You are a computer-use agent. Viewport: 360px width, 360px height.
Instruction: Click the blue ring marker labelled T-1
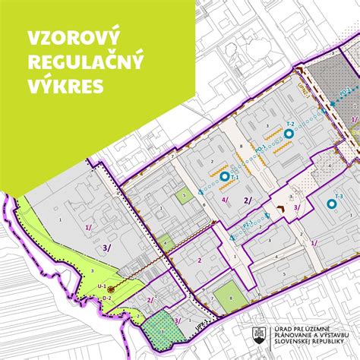(225, 176)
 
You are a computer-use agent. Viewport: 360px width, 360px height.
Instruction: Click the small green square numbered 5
(185, 197)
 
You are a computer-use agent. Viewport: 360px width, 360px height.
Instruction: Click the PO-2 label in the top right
(343, 92)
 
